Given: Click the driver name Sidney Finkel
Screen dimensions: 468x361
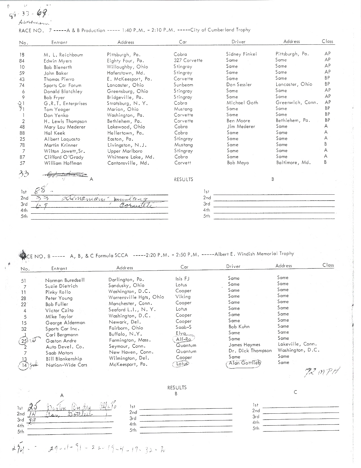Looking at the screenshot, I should point(241,54).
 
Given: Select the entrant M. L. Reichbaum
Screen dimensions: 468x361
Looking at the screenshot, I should point(63,55).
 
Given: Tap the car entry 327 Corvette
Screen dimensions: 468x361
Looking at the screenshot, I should point(188,60).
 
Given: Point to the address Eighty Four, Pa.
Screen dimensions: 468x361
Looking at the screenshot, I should point(125,61).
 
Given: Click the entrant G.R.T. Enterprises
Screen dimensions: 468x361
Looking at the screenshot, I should point(65,104).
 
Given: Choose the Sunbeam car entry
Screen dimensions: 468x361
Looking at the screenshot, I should point(183,85).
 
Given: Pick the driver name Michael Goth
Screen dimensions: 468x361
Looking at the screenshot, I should point(242,103).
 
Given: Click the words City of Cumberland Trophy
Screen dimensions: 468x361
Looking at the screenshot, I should point(220,30).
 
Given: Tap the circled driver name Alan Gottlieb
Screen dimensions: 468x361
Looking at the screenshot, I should point(243,363).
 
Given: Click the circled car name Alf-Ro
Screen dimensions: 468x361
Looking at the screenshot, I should point(183,339).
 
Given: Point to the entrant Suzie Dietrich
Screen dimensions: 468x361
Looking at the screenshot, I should point(61,286).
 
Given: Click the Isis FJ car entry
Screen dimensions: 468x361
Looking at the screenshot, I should point(182,279).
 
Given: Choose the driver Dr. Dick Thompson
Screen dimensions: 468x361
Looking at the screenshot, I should point(250,351).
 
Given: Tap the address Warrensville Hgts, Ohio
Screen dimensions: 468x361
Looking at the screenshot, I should point(136,297).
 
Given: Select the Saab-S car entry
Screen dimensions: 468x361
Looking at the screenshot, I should point(183,327).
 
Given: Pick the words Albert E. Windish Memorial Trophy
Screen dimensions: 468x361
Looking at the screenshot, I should point(254,254).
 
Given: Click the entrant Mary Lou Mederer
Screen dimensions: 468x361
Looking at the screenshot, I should point(65,127).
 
